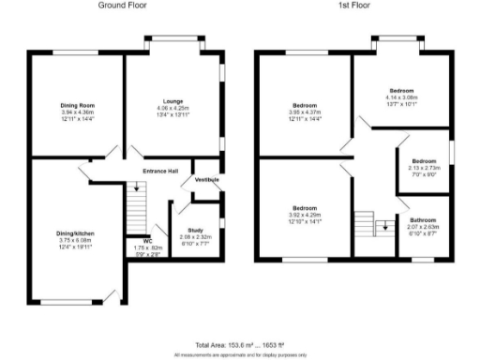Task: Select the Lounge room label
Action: click(x=172, y=101)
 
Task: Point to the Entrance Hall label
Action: click(x=160, y=172)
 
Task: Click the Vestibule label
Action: click(x=206, y=179)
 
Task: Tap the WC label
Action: click(x=148, y=241)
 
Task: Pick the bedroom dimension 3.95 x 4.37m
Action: click(x=305, y=112)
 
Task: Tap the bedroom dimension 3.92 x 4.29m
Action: click(x=305, y=215)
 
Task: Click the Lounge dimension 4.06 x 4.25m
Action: click(x=172, y=108)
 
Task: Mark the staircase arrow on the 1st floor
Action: click(x=382, y=225)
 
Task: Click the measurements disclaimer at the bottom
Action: click(x=239, y=355)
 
